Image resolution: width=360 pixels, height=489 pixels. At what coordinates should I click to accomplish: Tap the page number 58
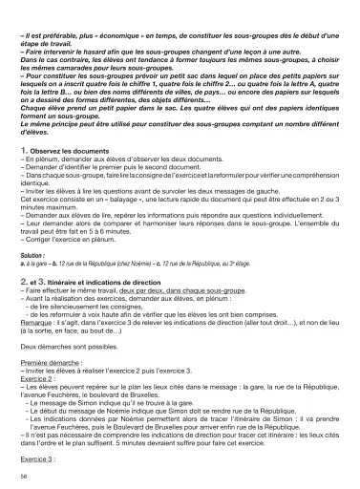[23, 475]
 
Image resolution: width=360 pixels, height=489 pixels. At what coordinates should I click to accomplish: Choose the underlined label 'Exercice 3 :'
[37, 445]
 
